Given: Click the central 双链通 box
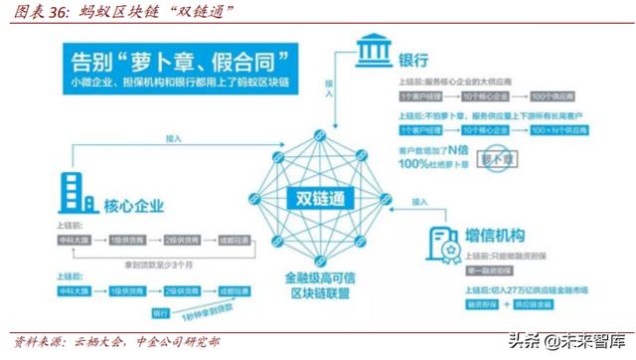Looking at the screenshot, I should [x=319, y=196].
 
